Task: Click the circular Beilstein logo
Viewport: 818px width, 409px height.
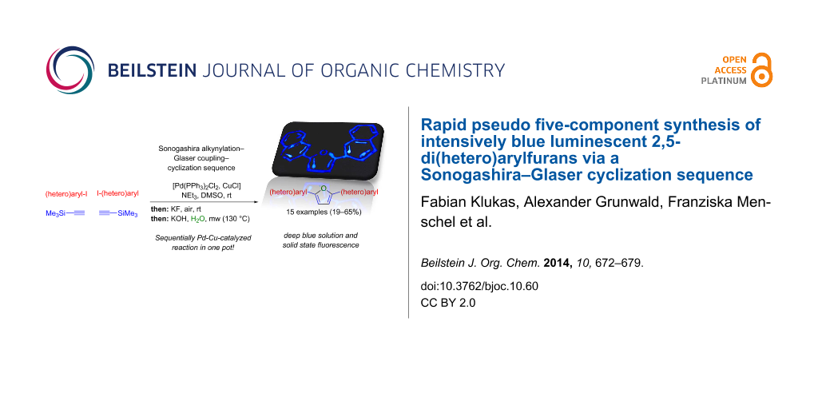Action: (70, 70)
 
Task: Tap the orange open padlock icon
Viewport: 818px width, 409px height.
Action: (762, 69)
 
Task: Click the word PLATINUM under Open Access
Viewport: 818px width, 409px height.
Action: (723, 81)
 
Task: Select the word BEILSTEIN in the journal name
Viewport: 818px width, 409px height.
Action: (152, 70)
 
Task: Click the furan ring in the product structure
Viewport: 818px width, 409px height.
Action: (324, 196)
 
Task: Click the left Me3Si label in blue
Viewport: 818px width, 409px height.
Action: (57, 212)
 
